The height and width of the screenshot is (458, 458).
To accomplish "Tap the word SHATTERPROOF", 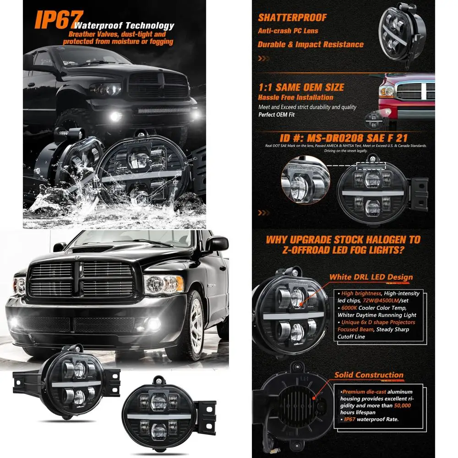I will coord(292,18).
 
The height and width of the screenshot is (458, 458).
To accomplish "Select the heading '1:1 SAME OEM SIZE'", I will coord(301,87).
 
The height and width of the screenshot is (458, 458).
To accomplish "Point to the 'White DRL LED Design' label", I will coord(371,277).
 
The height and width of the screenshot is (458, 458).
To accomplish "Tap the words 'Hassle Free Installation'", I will coord(295,98).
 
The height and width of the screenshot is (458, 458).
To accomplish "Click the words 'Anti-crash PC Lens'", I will coord(288,31).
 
